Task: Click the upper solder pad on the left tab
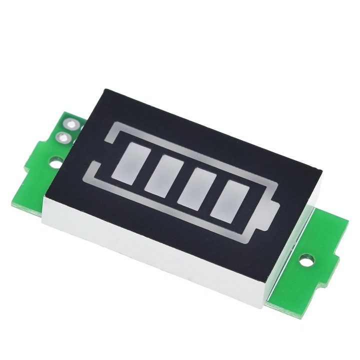(70, 124)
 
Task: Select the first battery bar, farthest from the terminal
(126, 161)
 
